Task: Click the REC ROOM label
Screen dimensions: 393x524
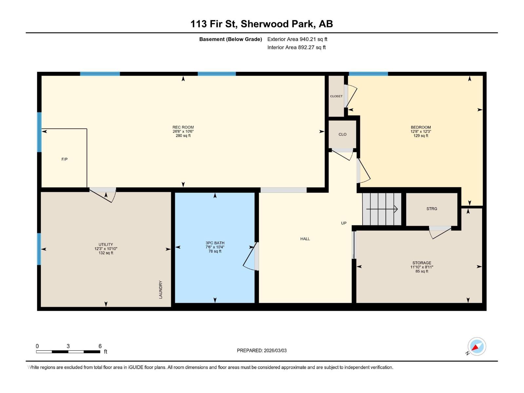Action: (x=183, y=127)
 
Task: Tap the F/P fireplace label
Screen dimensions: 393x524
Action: (x=65, y=159)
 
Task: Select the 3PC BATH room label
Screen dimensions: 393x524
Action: (x=215, y=243)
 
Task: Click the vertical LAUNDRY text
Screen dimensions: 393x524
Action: (x=160, y=290)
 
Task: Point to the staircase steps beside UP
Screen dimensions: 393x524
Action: (x=382, y=209)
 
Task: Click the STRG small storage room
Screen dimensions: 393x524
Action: (x=432, y=209)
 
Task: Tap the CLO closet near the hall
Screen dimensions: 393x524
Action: (x=343, y=134)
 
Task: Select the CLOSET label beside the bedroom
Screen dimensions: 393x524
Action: (x=336, y=96)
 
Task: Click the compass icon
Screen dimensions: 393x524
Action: (x=477, y=346)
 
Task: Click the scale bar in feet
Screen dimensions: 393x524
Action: (x=68, y=351)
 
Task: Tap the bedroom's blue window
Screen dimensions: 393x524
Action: (x=368, y=74)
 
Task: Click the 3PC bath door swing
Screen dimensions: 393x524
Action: (x=251, y=257)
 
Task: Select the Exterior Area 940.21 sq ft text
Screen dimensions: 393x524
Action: (x=297, y=39)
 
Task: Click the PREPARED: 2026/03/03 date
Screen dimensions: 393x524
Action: (x=262, y=350)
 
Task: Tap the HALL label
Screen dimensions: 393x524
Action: (x=305, y=239)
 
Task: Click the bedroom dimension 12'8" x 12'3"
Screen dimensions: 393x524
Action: (x=421, y=131)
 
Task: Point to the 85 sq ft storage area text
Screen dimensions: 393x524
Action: (x=422, y=271)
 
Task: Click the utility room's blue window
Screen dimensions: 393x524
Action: (x=39, y=249)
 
